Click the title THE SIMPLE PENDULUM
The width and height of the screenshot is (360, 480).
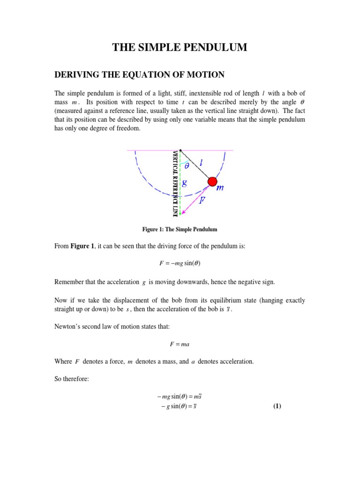click(x=180, y=47)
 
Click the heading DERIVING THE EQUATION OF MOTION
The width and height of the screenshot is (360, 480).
click(x=140, y=74)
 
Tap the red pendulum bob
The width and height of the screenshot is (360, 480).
click(x=212, y=181)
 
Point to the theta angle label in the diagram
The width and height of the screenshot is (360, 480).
click(x=187, y=165)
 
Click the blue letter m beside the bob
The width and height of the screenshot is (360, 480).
click(x=220, y=188)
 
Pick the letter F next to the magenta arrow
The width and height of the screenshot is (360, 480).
click(x=202, y=200)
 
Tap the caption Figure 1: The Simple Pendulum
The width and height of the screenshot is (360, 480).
click(x=180, y=229)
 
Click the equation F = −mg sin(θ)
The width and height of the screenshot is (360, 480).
click(x=180, y=264)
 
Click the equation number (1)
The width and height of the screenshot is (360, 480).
click(x=277, y=406)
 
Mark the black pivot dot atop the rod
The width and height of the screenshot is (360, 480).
click(x=180, y=150)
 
